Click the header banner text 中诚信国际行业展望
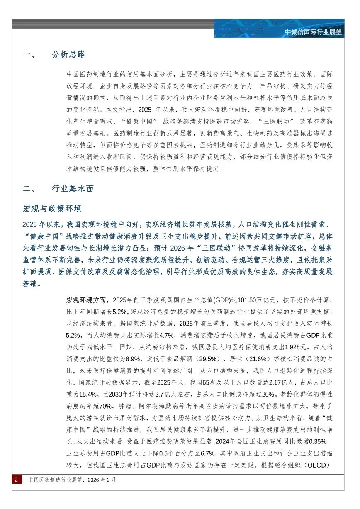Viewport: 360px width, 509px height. (313, 32)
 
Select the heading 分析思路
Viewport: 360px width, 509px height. (69, 55)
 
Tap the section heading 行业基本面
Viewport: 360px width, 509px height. (73, 189)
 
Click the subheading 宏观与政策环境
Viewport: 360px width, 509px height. (52, 208)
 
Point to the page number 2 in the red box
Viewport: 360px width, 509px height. (16, 480)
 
